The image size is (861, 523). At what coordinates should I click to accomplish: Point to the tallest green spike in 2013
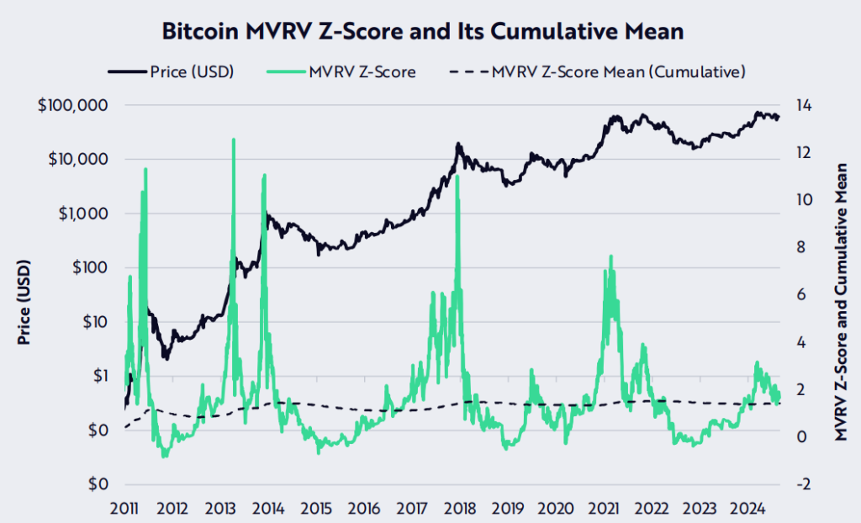233,140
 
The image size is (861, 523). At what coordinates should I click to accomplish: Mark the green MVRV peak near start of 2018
457,178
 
